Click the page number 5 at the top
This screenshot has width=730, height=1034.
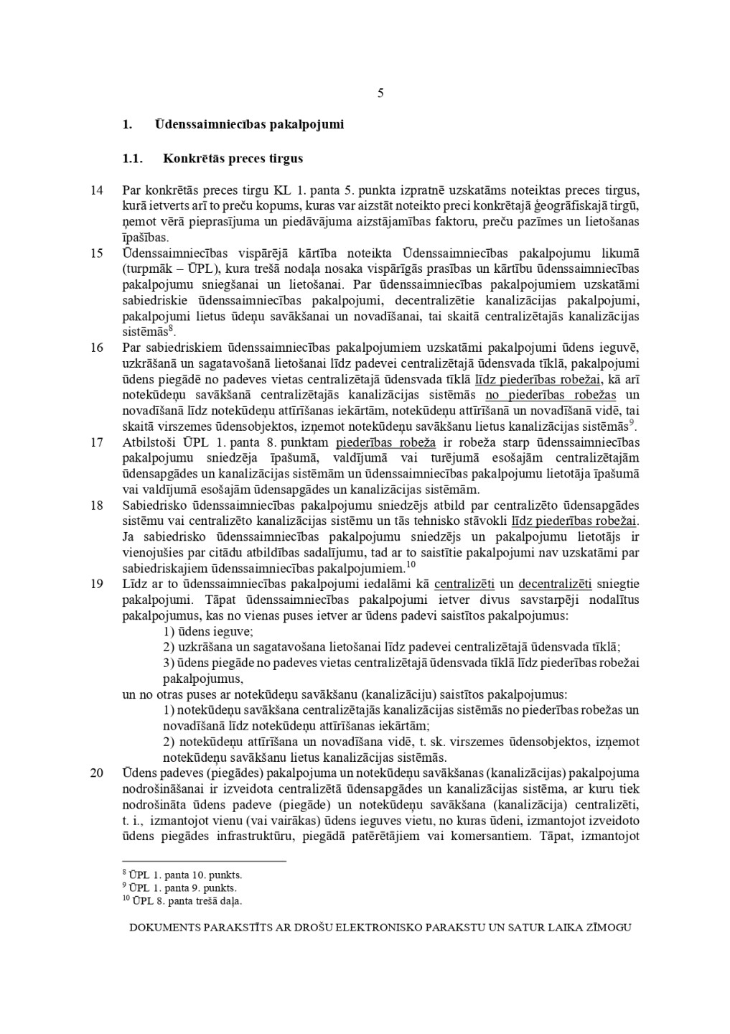[x=380, y=93]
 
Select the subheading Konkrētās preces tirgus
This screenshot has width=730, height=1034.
[x=233, y=159]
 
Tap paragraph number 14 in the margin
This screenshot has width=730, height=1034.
[x=97, y=191]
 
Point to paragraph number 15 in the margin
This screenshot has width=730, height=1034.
[x=97, y=253]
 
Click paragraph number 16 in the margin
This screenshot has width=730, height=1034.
[x=97, y=348]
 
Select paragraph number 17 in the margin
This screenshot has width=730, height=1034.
[x=97, y=442]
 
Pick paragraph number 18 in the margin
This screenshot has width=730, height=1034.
[x=97, y=506]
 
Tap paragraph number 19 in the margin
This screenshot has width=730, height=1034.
[x=97, y=584]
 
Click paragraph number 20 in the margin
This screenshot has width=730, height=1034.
[x=97, y=773]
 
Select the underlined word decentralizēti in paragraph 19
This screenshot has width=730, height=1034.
[x=555, y=584]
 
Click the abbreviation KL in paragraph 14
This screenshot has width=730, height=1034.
[x=281, y=191]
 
